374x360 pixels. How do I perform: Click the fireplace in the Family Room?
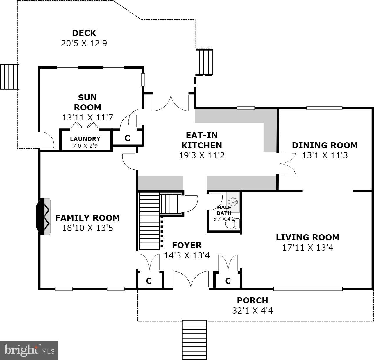point(43,216)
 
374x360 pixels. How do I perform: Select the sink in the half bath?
point(233,201)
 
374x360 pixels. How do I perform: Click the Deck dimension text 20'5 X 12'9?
point(84,43)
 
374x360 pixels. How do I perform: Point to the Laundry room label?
point(85,139)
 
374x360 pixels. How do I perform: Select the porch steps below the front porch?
point(194,340)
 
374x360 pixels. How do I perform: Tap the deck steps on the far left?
point(10,77)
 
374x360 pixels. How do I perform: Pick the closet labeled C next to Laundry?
point(127,138)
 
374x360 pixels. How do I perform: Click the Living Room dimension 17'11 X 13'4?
point(308,248)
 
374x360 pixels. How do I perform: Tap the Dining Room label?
point(325,145)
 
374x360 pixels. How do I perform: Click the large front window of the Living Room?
point(308,289)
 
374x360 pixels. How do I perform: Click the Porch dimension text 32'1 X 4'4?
point(253,311)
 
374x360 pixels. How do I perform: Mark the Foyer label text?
point(187,245)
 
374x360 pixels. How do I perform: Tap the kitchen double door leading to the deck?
point(171,103)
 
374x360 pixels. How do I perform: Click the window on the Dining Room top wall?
point(324,108)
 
